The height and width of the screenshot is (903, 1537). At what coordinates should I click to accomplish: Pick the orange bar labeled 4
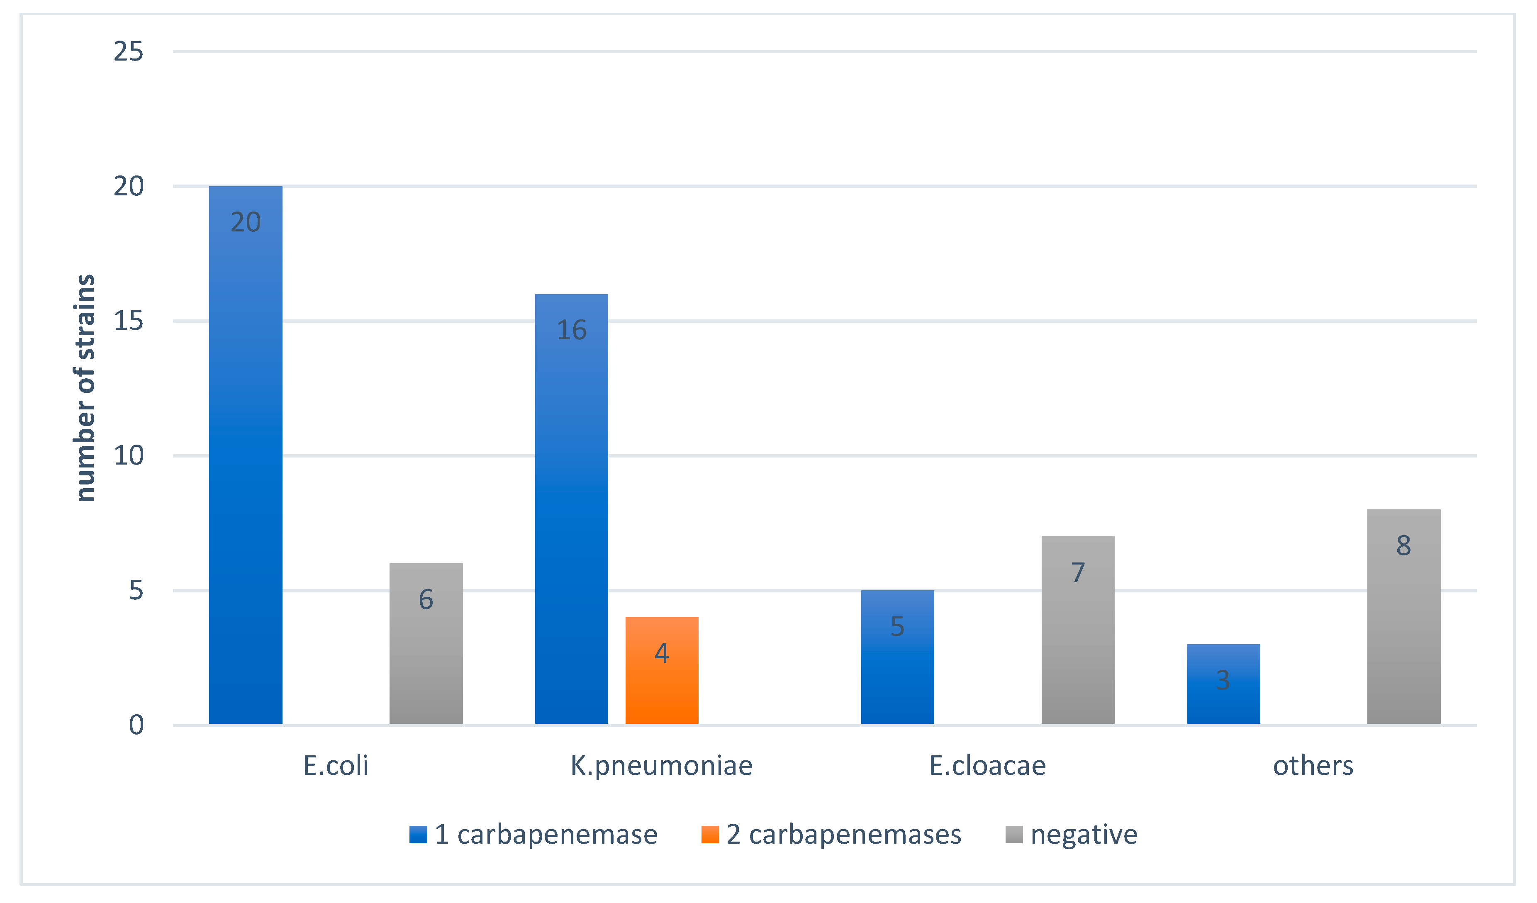point(661,671)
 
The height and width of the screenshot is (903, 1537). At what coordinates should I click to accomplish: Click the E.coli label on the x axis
point(336,766)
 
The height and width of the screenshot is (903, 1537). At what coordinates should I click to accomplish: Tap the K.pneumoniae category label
point(661,766)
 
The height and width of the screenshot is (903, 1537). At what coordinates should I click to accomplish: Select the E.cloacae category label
point(987,766)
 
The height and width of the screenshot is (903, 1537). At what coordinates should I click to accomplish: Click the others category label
point(1313,766)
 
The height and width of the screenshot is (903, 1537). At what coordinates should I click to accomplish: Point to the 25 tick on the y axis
point(129,52)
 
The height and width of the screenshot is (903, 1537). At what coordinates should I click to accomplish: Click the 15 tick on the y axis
point(129,321)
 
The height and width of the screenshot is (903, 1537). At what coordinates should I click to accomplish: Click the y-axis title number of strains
point(85,388)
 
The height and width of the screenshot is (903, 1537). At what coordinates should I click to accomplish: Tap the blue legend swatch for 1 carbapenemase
point(418,834)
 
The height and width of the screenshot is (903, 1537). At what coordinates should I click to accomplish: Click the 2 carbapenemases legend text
point(843,834)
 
